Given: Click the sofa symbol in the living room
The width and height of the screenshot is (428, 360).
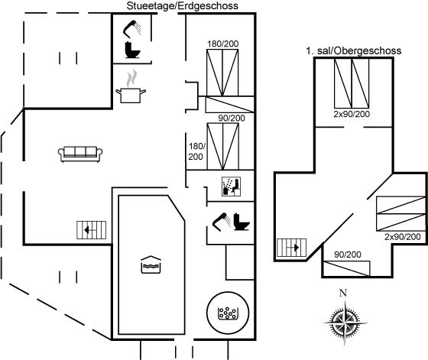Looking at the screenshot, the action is (80, 154).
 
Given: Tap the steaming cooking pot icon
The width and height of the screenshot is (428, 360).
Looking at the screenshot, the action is (131, 86).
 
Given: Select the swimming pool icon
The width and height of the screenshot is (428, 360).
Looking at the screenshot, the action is (151, 264).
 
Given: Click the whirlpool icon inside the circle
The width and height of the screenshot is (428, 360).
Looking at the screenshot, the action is (228, 313).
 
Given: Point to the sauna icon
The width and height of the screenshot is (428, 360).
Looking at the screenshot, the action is (231, 186).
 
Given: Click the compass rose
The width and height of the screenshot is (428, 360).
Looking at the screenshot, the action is (345, 323).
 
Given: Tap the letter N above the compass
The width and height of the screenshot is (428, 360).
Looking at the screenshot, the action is (343, 293).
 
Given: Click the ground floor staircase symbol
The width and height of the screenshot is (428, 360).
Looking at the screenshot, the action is (91, 230).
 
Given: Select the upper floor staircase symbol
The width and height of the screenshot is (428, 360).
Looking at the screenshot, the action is (291, 248).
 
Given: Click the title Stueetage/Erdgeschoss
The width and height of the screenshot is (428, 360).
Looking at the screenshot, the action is (183, 5).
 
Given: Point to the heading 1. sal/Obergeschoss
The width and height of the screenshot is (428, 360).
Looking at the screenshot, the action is (353, 50).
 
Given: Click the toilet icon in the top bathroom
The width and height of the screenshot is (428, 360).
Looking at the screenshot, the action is (132, 50).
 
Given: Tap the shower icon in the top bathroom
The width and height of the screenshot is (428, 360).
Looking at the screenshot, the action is (131, 28).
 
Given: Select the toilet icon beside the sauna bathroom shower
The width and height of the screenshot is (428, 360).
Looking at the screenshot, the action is (242, 222).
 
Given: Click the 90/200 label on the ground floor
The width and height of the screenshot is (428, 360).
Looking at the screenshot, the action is (232, 118).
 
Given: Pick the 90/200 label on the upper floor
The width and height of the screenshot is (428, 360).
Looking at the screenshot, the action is (348, 255).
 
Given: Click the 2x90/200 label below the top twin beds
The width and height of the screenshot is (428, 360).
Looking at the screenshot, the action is (352, 114).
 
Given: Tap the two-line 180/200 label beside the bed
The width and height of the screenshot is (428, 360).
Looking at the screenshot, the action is (196, 151).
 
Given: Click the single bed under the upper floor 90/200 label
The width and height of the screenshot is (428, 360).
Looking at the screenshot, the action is (347, 268).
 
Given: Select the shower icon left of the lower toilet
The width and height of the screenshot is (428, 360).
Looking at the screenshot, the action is (222, 222).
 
